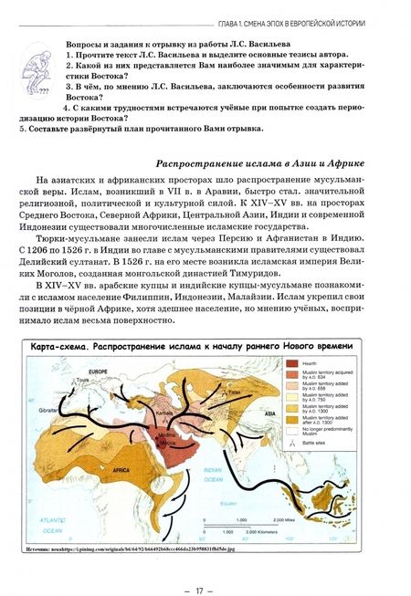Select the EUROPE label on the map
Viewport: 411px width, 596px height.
click(98, 371)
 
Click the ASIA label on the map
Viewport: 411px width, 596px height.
click(270, 413)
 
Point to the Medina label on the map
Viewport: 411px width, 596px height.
click(167, 429)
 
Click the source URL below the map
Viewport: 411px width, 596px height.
click(145, 549)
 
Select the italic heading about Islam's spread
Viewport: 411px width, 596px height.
click(259, 162)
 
